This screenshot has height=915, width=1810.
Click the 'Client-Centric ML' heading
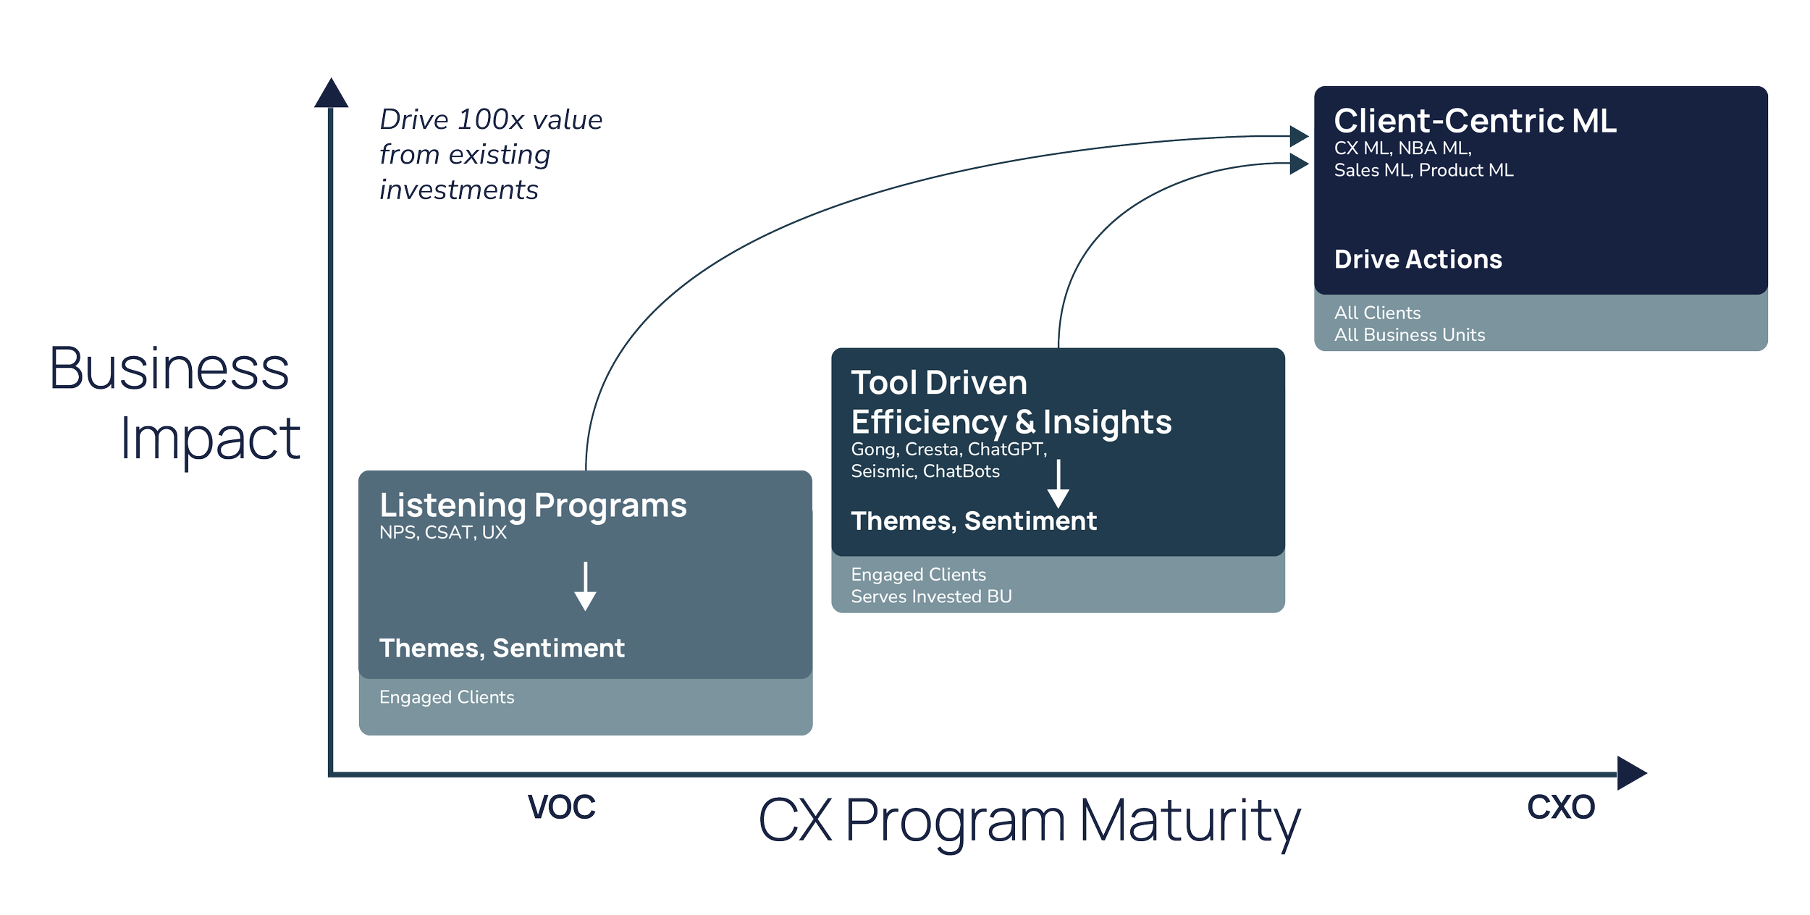point(1475,121)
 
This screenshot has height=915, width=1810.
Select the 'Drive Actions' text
point(1418,259)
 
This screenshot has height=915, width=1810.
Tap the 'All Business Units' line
point(1409,335)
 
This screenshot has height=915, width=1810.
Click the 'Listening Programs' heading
point(533,505)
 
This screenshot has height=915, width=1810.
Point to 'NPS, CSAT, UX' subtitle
point(442,533)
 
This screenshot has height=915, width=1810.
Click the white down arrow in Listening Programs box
point(585,586)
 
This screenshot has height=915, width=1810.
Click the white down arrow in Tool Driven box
point(1058,484)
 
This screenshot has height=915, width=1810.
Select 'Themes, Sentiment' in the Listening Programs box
point(501,648)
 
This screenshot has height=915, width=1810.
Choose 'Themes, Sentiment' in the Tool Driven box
point(973,521)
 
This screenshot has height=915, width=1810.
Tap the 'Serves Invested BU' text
point(930,596)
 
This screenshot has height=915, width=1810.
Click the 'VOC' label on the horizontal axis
point(562,806)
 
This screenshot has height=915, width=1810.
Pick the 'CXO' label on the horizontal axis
point(1560,806)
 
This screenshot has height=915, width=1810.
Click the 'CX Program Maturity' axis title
point(1029,822)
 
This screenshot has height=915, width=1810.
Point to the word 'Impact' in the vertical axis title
point(211,440)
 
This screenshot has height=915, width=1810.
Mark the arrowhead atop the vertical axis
point(331,93)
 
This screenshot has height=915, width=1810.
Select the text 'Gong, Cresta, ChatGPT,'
point(948,450)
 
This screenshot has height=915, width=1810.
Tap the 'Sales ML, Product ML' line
point(1423,171)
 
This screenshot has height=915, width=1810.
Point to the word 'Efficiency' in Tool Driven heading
point(928,422)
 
